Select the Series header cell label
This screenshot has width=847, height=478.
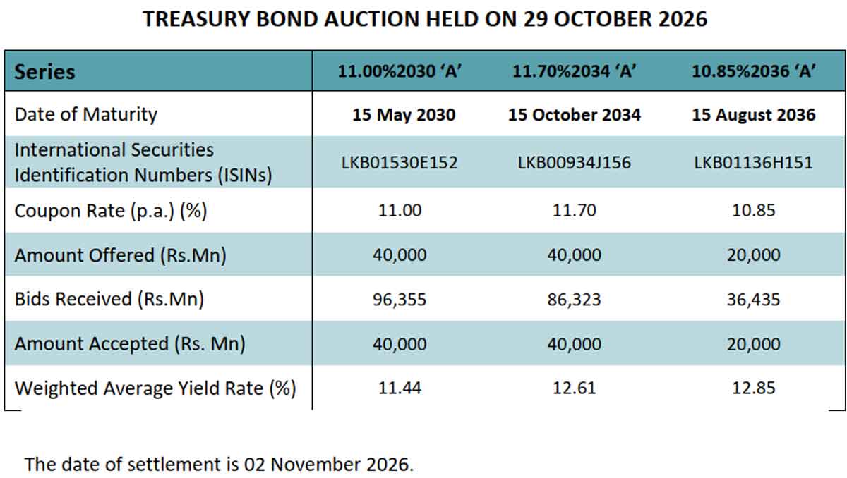coord(44,72)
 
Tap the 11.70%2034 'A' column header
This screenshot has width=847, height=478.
coord(574,71)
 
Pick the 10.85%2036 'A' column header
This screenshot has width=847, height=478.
coord(754,71)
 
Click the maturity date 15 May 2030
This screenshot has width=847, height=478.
coord(404,115)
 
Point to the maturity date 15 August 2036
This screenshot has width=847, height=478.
coord(754,115)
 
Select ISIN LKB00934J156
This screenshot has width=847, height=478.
coord(574,163)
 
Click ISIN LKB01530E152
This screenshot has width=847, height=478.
coord(400,163)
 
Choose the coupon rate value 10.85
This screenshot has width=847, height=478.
coord(754,210)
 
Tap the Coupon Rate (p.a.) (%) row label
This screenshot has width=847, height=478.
coord(111,211)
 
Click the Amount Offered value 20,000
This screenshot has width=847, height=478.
coord(754,255)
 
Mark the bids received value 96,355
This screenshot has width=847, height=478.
coord(400,300)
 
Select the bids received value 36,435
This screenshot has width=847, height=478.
coord(754,300)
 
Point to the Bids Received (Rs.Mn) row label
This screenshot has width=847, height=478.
coord(109,300)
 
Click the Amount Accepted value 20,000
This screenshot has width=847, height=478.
coord(754,344)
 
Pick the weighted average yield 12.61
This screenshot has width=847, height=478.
coord(574,388)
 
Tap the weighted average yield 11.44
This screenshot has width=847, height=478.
coord(400,388)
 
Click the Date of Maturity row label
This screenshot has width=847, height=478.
coord(86,115)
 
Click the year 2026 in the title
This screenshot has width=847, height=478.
coord(683,19)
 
